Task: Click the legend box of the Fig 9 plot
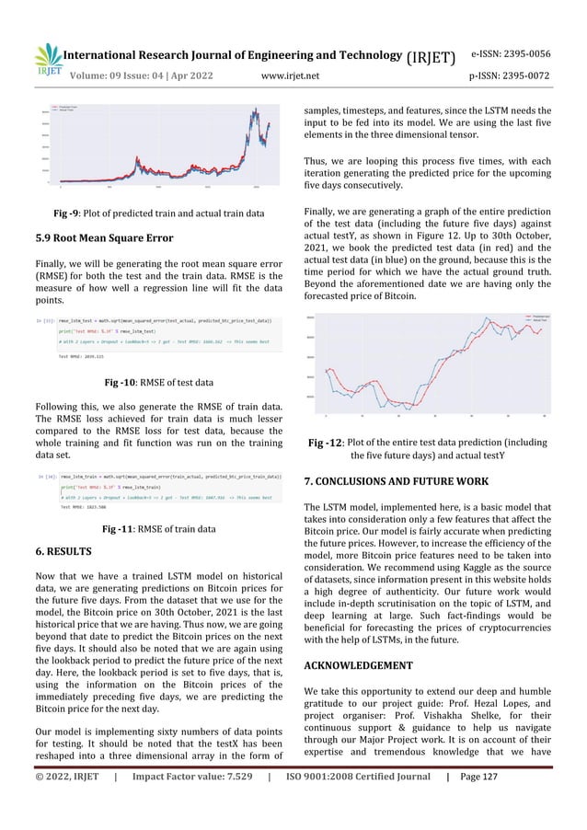click(75, 109)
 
